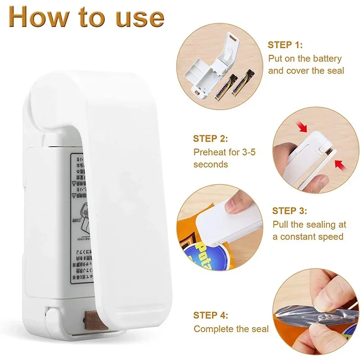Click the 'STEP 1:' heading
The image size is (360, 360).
pos(285,45)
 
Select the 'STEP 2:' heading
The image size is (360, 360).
pos(211,139)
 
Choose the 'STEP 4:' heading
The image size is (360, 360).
pos(211,315)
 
